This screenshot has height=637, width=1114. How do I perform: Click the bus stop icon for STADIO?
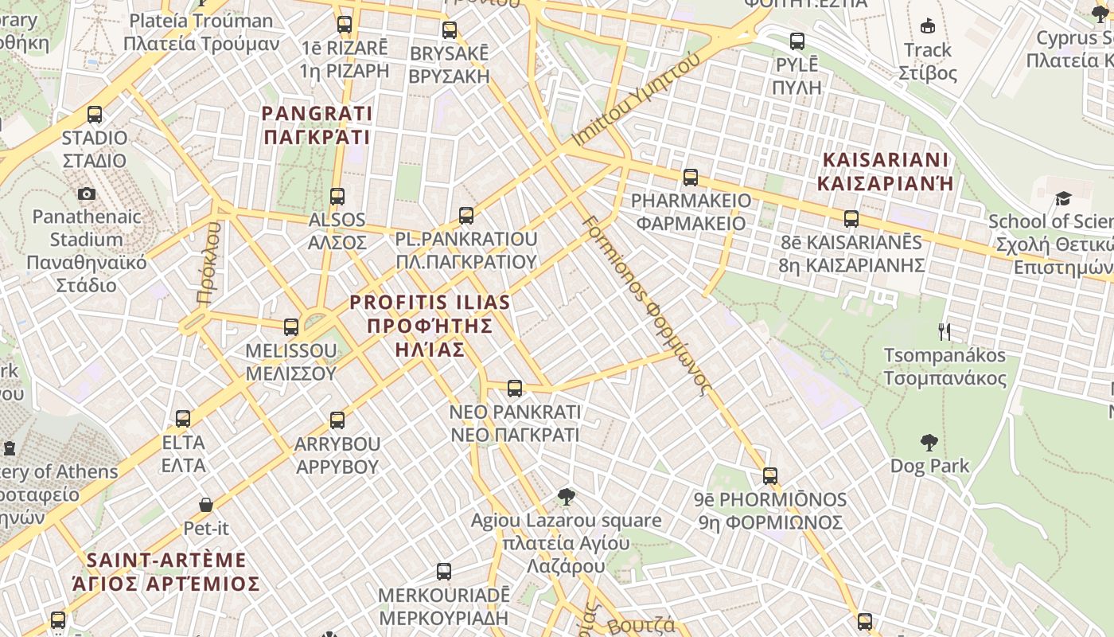tap(95, 115)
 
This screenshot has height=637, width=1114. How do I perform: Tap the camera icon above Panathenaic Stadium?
tap(87, 193)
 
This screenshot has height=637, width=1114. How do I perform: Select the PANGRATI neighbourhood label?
tap(317, 125)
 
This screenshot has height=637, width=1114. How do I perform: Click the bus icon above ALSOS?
tap(337, 197)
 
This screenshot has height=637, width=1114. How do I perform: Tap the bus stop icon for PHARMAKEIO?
tap(691, 178)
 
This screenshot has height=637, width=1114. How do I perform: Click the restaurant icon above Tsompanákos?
tap(945, 332)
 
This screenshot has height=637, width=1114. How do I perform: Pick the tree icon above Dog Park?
tap(929, 443)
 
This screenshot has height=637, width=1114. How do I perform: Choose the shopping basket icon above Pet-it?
tap(206, 505)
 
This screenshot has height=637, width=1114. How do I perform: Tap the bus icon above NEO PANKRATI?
tap(515, 389)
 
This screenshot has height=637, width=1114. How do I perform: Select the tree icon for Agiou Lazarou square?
tap(566, 498)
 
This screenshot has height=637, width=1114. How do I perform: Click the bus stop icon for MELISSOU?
tap(291, 326)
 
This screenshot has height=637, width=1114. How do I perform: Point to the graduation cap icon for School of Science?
tap(1063, 198)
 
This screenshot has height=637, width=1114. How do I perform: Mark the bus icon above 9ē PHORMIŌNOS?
tap(769, 476)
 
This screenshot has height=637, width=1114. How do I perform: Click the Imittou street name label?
tap(636, 99)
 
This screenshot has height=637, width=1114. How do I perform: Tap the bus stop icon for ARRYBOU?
tap(337, 420)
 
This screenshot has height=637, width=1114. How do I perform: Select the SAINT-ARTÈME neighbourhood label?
tap(166, 572)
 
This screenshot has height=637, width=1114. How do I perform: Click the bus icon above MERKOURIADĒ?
tap(444, 572)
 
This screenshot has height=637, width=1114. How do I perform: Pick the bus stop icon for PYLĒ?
tap(797, 41)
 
